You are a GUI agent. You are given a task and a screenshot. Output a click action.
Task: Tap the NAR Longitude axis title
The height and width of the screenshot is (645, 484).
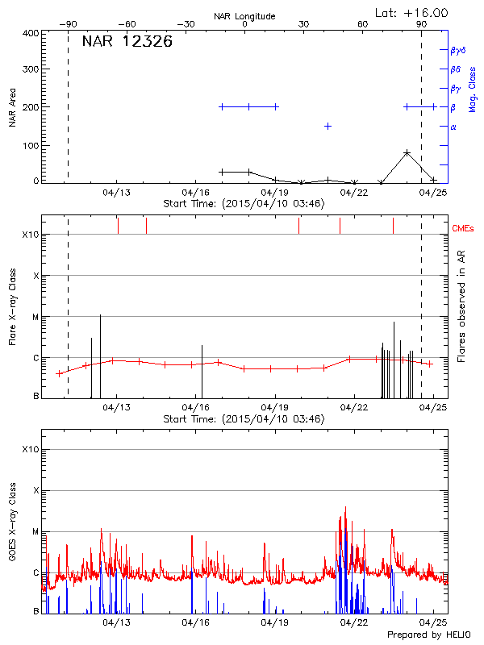[x=244, y=15]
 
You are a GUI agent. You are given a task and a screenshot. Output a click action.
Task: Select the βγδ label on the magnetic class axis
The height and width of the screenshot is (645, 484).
[x=457, y=50]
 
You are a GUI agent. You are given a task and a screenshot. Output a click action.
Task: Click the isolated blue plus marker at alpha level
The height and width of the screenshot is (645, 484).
[x=328, y=126]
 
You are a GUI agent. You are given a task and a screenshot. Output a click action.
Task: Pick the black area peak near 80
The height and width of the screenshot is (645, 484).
[x=407, y=152]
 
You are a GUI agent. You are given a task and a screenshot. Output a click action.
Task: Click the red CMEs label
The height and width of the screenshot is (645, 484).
[x=464, y=229]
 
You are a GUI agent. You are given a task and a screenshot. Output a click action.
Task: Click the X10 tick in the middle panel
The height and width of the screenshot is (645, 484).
[x=31, y=235]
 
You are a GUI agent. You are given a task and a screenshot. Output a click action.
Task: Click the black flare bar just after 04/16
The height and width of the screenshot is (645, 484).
[x=202, y=372]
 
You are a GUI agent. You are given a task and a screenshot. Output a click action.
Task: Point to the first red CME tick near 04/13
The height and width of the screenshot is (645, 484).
[x=118, y=225]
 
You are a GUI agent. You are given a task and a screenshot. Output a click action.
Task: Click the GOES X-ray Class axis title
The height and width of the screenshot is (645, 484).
[x=12, y=527]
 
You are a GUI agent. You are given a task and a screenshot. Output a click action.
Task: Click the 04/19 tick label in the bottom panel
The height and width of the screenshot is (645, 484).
[x=275, y=622]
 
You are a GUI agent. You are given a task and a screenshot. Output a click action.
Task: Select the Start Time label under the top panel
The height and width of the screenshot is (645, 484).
[x=244, y=204]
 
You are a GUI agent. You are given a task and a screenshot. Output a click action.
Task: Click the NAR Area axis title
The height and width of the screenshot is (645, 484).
[x=12, y=106]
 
